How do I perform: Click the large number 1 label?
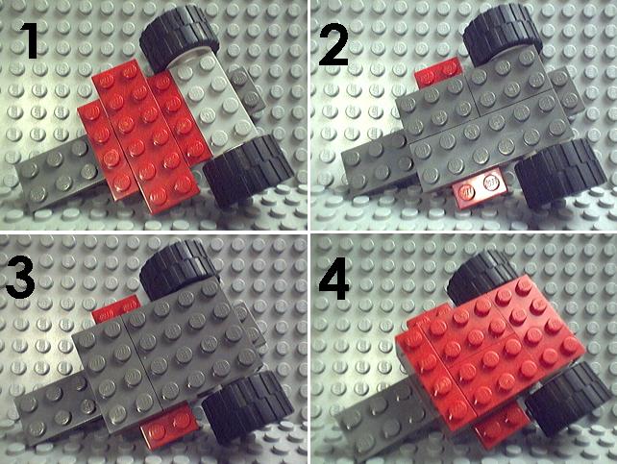tap(28, 40)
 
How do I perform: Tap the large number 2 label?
tap(333, 43)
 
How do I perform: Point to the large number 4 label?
tap(333, 279)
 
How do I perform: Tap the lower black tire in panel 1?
tap(249, 170)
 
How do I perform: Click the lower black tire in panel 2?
tap(560, 172)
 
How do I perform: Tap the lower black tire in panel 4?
tap(569, 398)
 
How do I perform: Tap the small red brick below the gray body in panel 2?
tap(481, 188)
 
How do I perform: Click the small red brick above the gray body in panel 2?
tap(441, 71)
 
